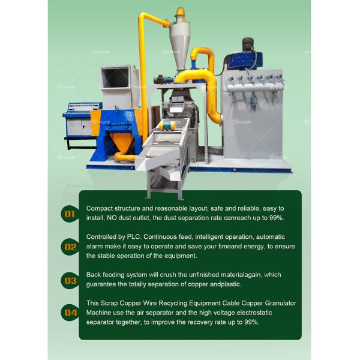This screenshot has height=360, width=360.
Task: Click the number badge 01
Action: click(x=70, y=214)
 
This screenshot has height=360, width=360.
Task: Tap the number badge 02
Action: click(x=70, y=247)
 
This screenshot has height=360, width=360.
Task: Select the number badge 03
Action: click(x=70, y=281)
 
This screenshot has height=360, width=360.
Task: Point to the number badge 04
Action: click(x=70, y=313)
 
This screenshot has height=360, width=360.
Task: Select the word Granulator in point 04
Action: click(x=280, y=303)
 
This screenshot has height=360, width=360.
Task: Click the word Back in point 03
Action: click(x=94, y=275)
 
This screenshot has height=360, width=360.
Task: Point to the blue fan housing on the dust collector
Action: click(x=244, y=61)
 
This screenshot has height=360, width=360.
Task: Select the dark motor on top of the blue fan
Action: click(x=248, y=44)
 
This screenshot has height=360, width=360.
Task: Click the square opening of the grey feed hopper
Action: click(x=115, y=77)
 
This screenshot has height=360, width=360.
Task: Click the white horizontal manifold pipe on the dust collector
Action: click(x=255, y=88)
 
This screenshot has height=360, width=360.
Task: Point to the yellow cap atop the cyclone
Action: click(x=181, y=13)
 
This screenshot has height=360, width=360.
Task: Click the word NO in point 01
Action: click(x=112, y=218)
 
